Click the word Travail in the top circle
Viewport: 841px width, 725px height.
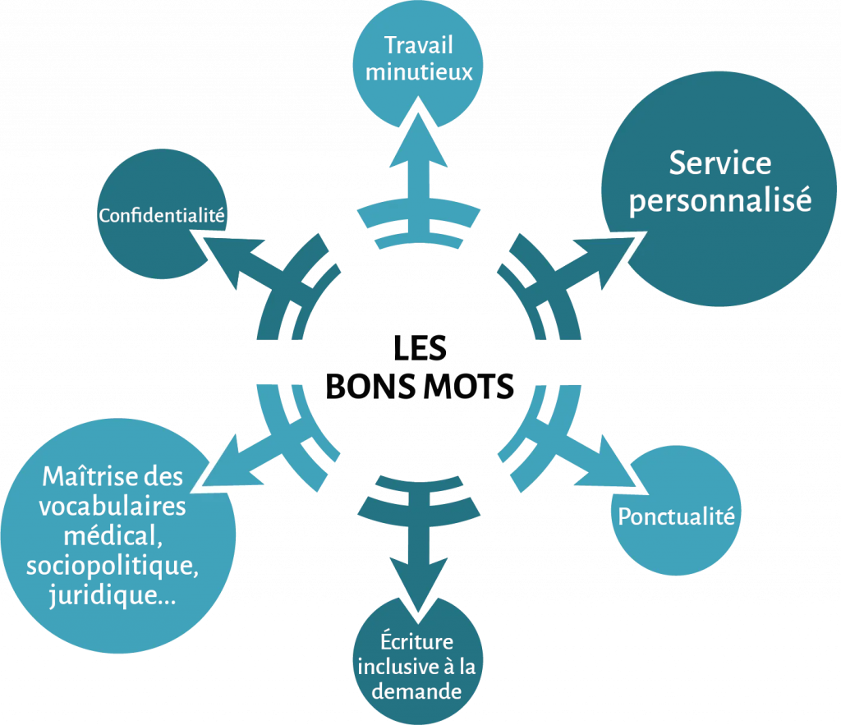click(419, 44)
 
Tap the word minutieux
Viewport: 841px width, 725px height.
click(419, 72)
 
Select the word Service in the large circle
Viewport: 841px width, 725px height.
click(719, 163)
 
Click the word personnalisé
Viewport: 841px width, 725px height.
click(719, 200)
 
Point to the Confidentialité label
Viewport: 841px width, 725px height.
click(162, 216)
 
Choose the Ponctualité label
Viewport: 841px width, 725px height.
click(675, 516)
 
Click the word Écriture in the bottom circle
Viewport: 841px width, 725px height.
click(416, 641)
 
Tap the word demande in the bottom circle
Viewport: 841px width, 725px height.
click(416, 691)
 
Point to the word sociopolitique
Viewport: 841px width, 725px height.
click(113, 566)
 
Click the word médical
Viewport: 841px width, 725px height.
click(112, 535)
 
